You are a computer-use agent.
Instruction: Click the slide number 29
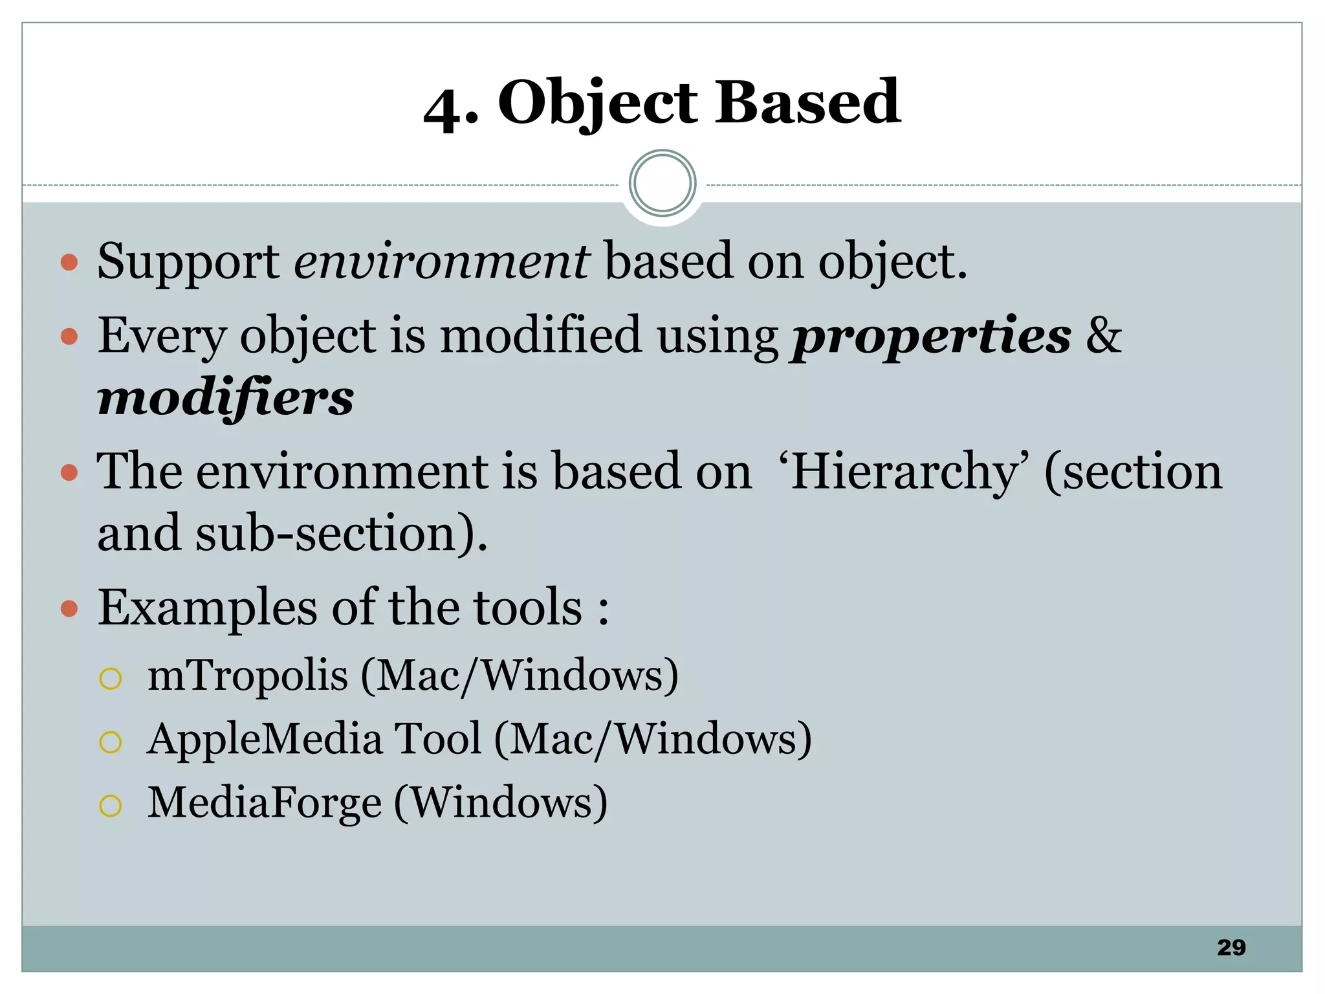[1231, 947]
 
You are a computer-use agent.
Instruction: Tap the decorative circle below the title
[662, 184]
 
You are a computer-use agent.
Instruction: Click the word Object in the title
[598, 104]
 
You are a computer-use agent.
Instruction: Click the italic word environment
[442, 261]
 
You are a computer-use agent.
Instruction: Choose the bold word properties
[932, 337]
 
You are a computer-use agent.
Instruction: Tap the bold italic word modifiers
[226, 397]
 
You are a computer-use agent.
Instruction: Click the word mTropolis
[248, 676]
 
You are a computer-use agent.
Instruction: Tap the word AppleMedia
[265, 739]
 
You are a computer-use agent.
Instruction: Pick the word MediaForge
[265, 802]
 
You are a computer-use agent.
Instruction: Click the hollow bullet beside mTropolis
[111, 678]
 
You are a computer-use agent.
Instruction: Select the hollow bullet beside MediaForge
[111, 806]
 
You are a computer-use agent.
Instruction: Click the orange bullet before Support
[69, 263]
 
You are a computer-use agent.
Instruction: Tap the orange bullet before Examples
[69, 609]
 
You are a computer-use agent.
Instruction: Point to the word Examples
[207, 608]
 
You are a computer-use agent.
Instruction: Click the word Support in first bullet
[188, 261]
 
